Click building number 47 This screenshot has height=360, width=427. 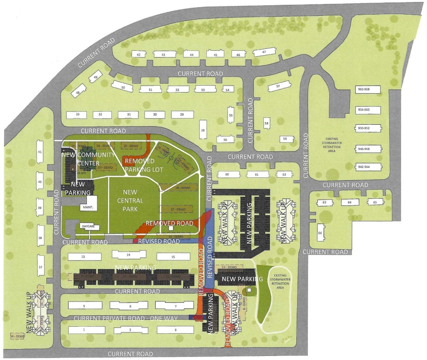pyautogui.click(x=264, y=52)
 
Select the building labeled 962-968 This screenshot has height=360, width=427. pyautogui.click(x=369, y=89)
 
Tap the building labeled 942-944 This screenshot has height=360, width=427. pyautogui.click(x=369, y=167)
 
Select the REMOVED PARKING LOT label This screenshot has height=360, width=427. pyautogui.click(x=140, y=165)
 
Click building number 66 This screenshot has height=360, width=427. pyautogui.click(x=320, y=233)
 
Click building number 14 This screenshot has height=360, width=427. pyautogui.click(x=128, y=255)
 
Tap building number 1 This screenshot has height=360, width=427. pyautogui.click(x=84, y=330)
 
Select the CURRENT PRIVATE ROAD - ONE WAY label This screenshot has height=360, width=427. pyautogui.click(x=125, y=318)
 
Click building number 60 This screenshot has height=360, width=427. pyautogui.click(x=227, y=175)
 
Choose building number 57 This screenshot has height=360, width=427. pyautogui.click(x=278, y=86)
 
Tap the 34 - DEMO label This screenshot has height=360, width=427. pyautogui.click(x=17, y=336)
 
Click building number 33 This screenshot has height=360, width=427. pyautogui.click(x=78, y=115)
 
